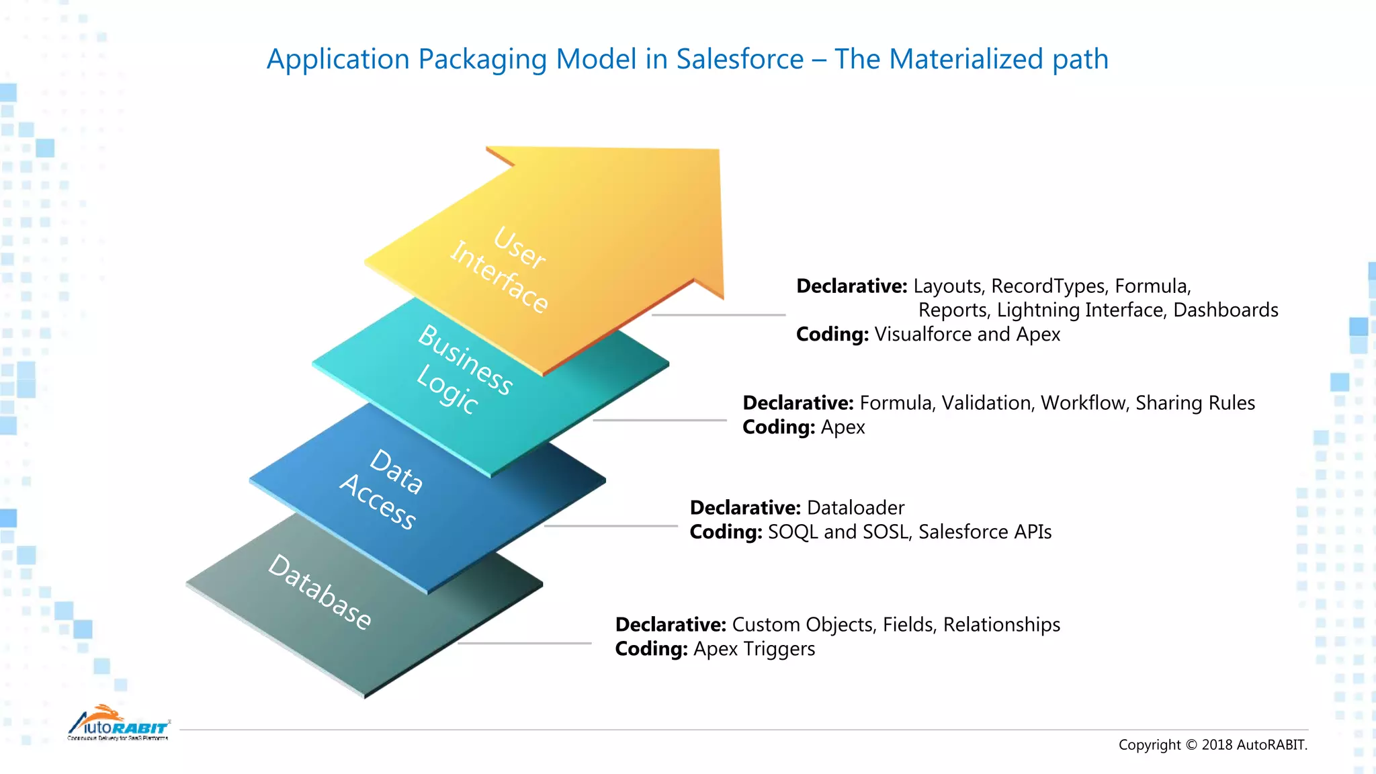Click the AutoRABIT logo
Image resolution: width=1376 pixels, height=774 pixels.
118,724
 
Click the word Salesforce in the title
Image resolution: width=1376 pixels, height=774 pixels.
740,59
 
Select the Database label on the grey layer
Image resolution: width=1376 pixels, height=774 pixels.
319,592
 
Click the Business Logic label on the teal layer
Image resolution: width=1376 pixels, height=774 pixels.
464,368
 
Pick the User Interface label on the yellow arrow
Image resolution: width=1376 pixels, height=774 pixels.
501,269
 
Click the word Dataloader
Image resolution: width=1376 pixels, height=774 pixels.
855,508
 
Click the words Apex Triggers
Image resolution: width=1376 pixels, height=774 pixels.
754,649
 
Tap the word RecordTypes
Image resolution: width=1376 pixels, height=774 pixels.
1048,286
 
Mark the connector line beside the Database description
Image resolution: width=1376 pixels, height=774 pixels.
524,643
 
